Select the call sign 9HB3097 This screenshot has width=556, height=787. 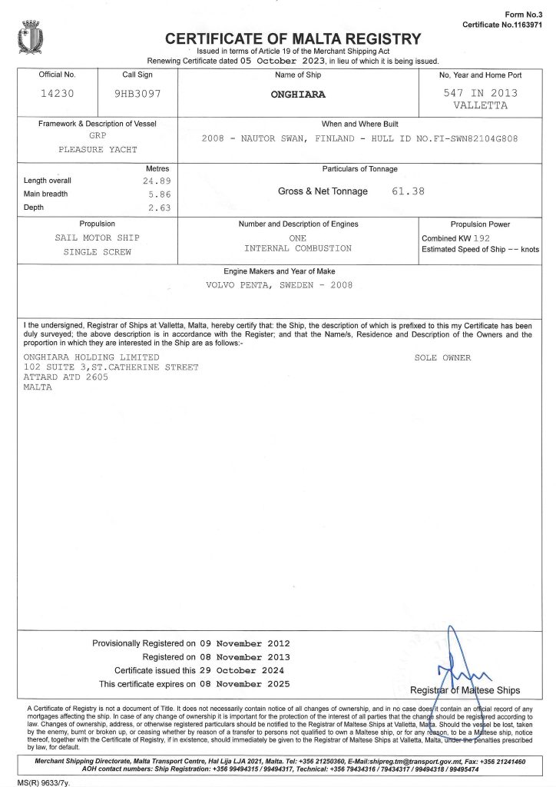[138, 94]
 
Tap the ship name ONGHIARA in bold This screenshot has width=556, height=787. [298, 95]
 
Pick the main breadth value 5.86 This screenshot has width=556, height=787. [158, 194]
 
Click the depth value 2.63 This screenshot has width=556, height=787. [158, 208]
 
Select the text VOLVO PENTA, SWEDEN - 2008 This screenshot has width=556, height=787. [279, 284]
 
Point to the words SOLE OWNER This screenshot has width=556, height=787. [442, 358]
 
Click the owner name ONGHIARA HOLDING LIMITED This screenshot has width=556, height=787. [91, 358]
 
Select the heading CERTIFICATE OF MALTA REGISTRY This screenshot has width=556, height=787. [293, 39]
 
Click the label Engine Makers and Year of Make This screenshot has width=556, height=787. [279, 271]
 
